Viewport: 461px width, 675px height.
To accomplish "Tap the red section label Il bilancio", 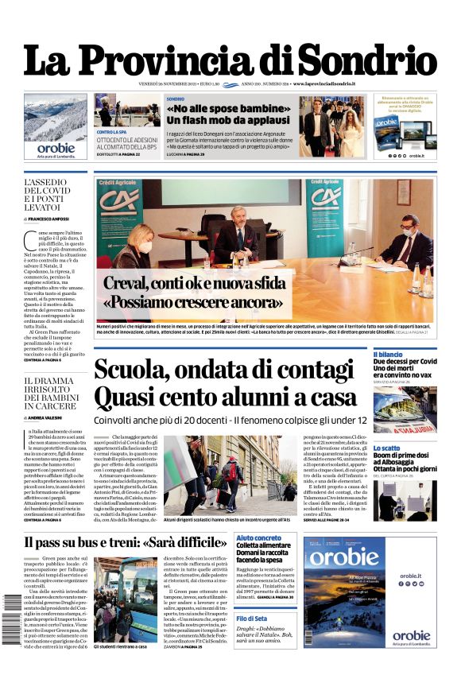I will tap(388, 354).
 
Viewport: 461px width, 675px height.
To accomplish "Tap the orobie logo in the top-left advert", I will tap(56, 148).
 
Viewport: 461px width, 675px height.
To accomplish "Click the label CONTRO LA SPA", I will tap(113, 131).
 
